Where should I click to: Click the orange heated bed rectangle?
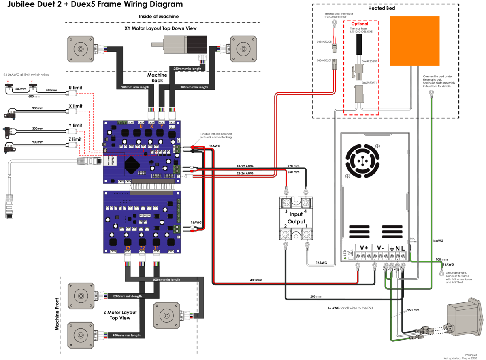[415, 41]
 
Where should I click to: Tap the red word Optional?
[360, 24]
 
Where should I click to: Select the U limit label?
[75, 87]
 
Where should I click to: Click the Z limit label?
[75, 139]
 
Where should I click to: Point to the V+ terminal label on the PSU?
[363, 248]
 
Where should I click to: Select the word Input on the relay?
[296, 214]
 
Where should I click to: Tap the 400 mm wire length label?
[256, 280]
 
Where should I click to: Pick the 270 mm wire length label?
[293, 166]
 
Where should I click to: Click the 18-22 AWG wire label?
[245, 167]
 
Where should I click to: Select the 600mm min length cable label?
[166, 279]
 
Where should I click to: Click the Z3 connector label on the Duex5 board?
[128, 248]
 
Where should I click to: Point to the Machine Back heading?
[157, 78]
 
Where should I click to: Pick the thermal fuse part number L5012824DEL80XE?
[361, 32]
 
